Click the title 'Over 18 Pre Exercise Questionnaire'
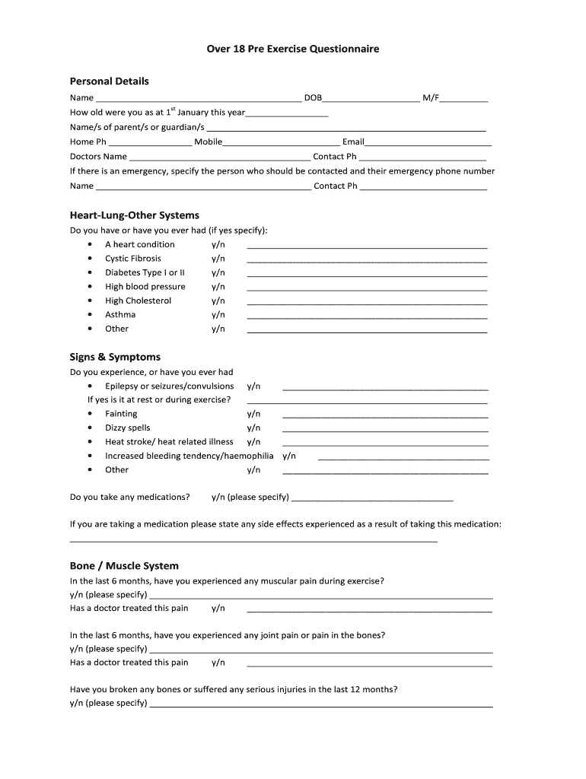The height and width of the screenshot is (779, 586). [293, 49]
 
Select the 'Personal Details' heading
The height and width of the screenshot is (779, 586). [110, 81]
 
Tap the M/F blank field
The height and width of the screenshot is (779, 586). [464, 99]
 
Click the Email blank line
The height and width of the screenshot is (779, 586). [428, 143]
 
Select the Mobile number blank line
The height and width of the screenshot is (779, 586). [281, 143]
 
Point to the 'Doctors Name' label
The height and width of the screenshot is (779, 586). [98, 157]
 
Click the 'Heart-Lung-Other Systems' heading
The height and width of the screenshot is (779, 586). [135, 215]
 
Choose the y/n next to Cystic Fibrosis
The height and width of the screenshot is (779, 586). [218, 259]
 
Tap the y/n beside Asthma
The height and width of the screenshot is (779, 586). [218, 315]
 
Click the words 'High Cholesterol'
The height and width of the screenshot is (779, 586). [139, 300]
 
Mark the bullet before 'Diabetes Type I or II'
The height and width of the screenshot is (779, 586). [91, 272]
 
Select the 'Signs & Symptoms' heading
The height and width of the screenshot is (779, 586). [115, 357]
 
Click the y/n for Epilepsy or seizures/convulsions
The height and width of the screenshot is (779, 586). [253, 386]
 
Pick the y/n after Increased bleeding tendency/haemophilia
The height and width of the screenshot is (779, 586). [289, 456]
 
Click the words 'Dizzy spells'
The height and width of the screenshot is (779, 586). [128, 428]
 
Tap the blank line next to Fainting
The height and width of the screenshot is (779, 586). [385, 415]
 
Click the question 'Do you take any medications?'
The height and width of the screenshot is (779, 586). [130, 498]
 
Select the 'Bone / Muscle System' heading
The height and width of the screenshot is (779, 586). [124, 566]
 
